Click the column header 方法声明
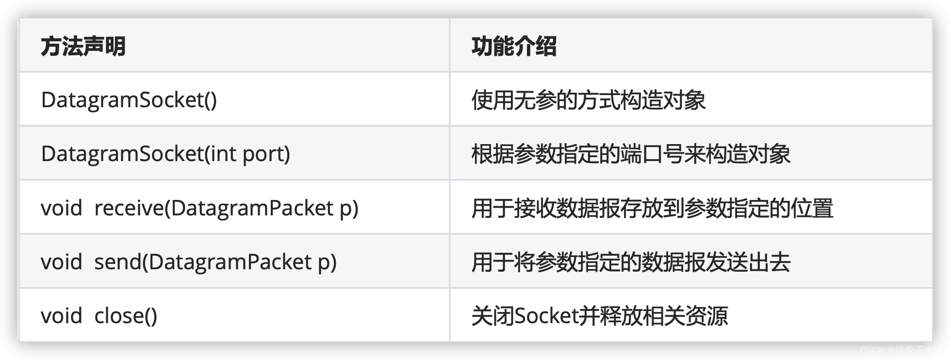point(83,47)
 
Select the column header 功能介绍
point(514,47)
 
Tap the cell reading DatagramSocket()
point(129,100)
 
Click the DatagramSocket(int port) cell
point(165,154)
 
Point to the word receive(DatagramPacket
point(214,208)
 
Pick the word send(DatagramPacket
point(203,262)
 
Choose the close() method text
point(126,316)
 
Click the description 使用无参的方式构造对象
point(589,100)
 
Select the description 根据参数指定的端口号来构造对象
point(631,154)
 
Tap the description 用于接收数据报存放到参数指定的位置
point(652,208)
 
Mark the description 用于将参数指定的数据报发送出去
point(631,262)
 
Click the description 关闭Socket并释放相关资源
point(599,316)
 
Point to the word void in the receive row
point(61,208)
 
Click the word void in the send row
point(61,262)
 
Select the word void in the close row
point(61,316)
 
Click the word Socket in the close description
point(546,316)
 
